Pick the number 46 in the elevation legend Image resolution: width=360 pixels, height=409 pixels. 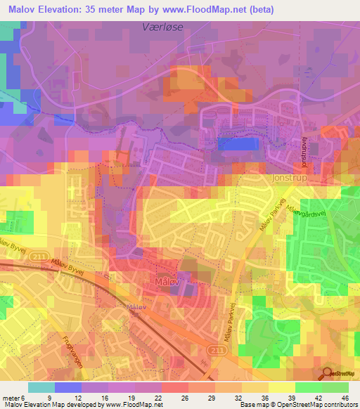(345, 396)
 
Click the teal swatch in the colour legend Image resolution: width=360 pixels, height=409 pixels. (41, 387)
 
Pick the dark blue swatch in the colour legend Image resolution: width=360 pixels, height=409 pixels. (67, 387)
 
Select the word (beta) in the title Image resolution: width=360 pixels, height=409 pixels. (257, 9)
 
